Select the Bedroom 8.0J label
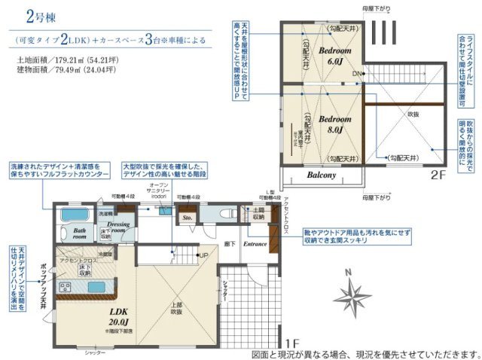click(334, 124)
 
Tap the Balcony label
click(321, 175)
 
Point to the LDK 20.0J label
click(119, 316)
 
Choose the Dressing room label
click(120, 227)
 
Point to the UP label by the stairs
click(203, 256)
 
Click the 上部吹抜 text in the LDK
click(175, 307)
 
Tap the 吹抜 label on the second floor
click(413, 114)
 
